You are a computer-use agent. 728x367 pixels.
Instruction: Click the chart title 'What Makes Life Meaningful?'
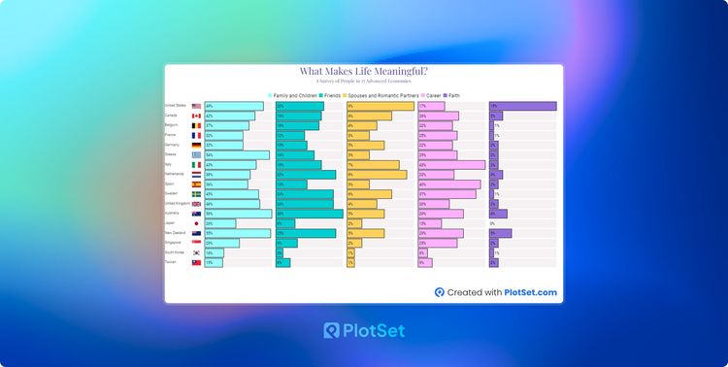[364, 71]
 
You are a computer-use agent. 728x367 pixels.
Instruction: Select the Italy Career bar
[451, 165]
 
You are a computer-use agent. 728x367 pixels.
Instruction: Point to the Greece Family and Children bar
[237, 155]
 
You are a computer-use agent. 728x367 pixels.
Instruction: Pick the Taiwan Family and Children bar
[214, 262]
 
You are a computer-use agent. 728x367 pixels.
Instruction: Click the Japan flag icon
[196, 223]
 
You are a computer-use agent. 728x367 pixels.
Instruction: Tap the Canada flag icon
[196, 116]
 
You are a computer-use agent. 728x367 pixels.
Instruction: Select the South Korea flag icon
[196, 252]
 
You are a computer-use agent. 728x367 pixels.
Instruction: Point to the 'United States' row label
[176, 106]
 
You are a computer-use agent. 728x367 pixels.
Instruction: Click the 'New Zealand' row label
[175, 233]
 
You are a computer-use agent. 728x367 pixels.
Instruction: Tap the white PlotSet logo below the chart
[364, 331]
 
